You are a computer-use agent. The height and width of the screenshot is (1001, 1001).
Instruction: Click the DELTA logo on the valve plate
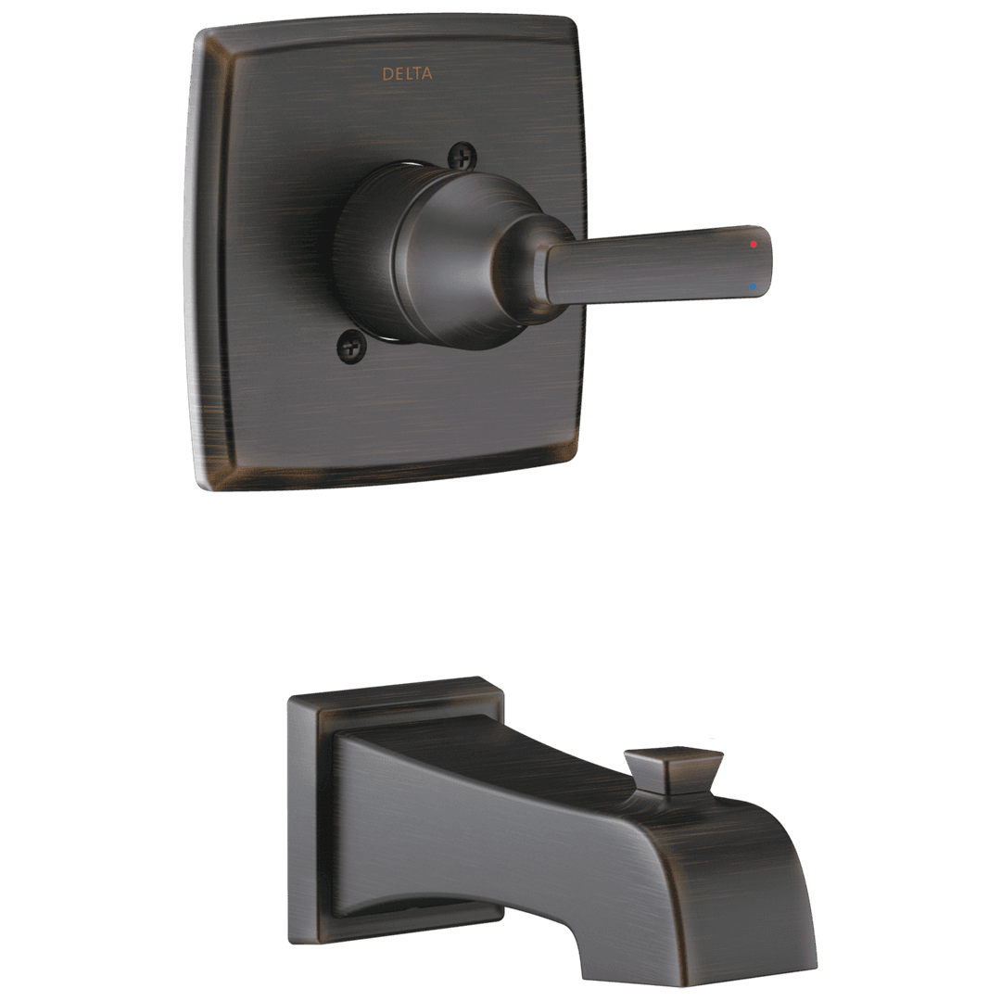point(407,73)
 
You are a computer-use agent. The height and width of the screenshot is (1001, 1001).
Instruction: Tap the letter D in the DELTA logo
point(386,73)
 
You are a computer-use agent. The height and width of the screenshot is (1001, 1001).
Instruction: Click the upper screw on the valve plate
point(460,155)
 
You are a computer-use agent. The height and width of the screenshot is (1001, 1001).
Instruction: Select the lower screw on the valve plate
point(351,348)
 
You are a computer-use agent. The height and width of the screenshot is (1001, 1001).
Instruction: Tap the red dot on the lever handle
point(754,245)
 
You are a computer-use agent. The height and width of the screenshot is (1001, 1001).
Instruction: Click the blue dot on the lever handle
point(754,286)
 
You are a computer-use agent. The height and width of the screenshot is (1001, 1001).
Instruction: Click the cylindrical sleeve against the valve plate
point(371,250)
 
